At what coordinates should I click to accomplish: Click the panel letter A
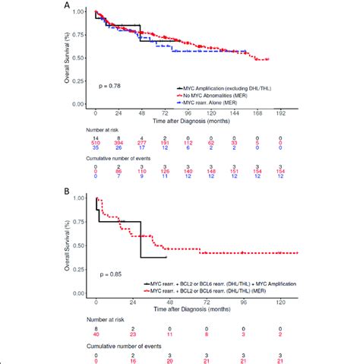68,5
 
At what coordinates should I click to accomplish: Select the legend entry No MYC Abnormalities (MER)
219,95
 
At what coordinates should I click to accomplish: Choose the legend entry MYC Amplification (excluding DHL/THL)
229,89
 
